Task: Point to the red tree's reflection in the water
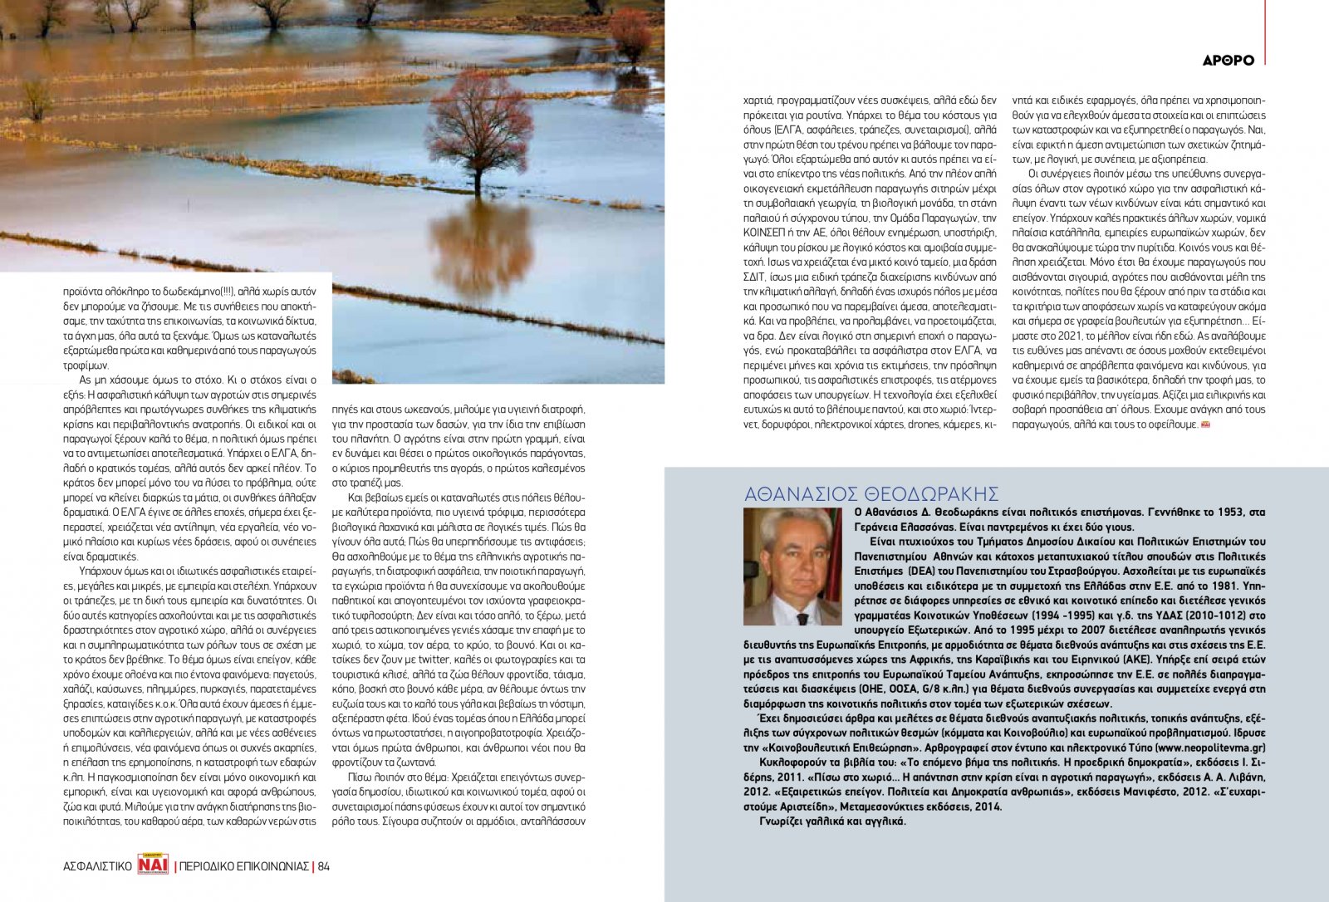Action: click(x=480, y=249)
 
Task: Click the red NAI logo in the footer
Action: click(x=154, y=865)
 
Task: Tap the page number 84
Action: click(x=324, y=866)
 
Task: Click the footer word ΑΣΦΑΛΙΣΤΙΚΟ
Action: click(x=97, y=866)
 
